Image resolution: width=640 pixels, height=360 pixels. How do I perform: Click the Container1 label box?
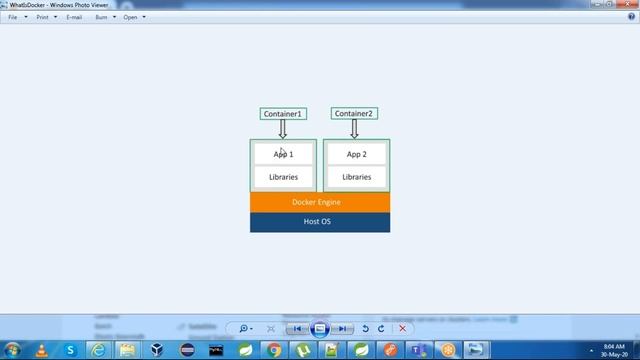click(282, 114)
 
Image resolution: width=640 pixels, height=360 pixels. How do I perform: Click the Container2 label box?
click(354, 114)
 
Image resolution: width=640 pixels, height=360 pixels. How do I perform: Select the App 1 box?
click(283, 154)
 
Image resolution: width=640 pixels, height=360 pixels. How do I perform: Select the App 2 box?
click(357, 154)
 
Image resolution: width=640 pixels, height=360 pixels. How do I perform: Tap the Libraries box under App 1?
click(283, 177)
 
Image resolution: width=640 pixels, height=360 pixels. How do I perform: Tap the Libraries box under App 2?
click(357, 177)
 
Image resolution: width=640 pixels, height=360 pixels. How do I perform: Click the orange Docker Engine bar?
click(320, 202)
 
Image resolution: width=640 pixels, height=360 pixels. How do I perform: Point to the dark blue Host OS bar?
click(320, 221)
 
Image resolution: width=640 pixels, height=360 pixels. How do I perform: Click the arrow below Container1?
click(282, 129)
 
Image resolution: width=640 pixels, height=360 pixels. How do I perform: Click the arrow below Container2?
click(354, 129)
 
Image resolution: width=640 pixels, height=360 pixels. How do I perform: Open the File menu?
click(13, 17)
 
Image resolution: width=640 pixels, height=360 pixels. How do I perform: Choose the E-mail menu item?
click(74, 17)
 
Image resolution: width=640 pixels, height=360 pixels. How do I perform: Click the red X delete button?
click(402, 328)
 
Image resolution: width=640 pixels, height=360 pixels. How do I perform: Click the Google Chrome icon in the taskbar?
click(274, 350)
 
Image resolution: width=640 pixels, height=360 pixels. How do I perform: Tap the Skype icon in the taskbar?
click(70, 350)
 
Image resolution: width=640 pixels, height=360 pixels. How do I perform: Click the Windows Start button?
click(12, 350)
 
